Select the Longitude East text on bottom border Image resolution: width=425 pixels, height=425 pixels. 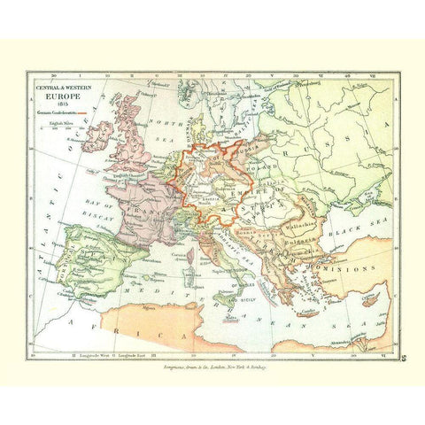[x=130, y=352]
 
